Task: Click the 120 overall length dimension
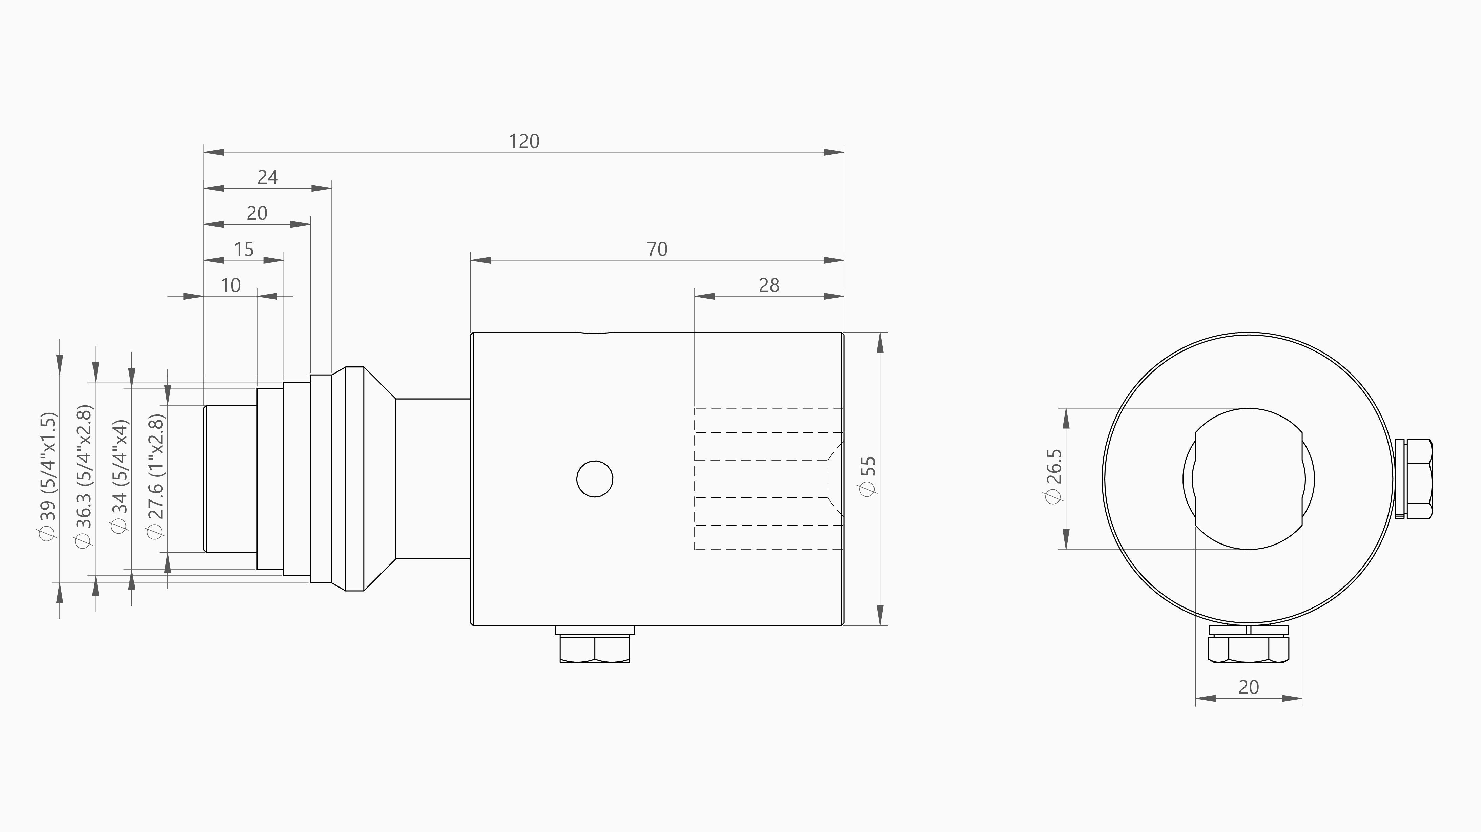coord(524,141)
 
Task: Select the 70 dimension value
coord(657,249)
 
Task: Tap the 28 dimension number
coord(769,285)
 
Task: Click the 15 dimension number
coord(244,249)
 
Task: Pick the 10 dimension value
coord(230,285)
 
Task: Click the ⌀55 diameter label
coord(868,476)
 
